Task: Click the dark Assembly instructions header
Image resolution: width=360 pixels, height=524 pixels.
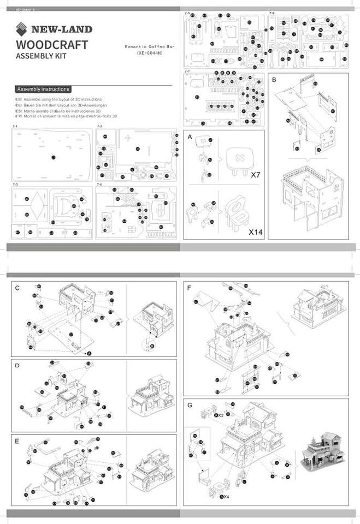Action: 43,89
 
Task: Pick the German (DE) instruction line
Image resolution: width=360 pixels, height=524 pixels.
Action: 61,105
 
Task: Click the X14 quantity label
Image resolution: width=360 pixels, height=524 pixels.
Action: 256,231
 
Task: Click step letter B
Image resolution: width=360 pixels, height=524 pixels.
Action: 274,80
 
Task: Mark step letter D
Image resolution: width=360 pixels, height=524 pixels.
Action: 17,365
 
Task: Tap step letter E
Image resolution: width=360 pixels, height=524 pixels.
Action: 17,440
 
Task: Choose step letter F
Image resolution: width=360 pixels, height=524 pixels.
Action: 189,288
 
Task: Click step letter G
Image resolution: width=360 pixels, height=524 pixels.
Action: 190,405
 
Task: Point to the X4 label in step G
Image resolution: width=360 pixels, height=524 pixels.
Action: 224,497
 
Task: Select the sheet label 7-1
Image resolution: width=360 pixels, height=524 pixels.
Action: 14,127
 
